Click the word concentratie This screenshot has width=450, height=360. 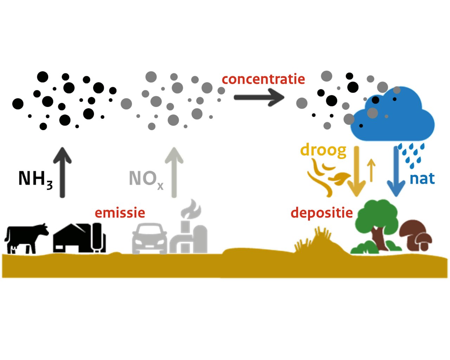coord(263,79)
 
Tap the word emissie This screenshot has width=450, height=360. coord(120,213)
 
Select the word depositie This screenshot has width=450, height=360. coord(322,213)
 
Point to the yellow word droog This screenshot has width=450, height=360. coord(323,150)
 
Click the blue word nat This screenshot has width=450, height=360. coord(422,179)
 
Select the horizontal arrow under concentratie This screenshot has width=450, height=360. coord(259,97)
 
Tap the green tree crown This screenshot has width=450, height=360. coord(376,214)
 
